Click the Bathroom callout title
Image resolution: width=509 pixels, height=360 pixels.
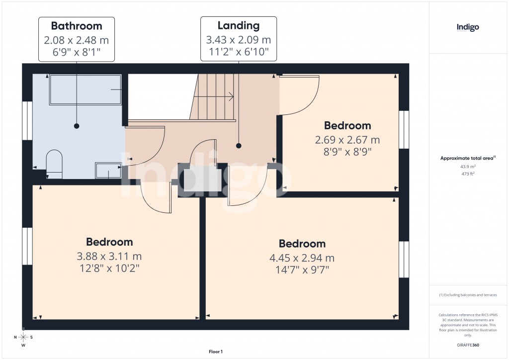tap(77, 26)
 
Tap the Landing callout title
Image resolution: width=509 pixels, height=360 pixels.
tap(239, 25)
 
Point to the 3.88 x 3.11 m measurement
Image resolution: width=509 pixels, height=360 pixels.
tap(109, 257)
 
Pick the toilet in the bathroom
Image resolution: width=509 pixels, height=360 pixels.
tap(54, 165)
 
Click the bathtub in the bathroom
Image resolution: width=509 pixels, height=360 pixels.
tap(85, 90)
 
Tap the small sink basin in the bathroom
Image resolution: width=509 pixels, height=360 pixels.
tap(108, 170)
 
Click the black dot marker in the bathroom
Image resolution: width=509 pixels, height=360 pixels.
tap(77, 126)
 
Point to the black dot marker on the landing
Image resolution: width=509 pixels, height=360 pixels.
tap(239, 146)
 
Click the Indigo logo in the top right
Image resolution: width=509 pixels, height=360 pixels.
tap(468, 27)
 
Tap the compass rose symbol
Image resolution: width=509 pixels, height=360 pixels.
tap(23, 337)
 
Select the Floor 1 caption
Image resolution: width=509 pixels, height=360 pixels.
tap(216, 352)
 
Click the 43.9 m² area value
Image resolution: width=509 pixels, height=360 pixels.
tap(468, 166)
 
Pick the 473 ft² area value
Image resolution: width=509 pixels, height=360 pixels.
tap(468, 174)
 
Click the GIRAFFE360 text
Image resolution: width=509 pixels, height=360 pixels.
tap(468, 345)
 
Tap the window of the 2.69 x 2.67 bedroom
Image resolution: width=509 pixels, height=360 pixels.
tap(404, 129)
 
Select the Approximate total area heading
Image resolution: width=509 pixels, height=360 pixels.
tap(467, 158)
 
